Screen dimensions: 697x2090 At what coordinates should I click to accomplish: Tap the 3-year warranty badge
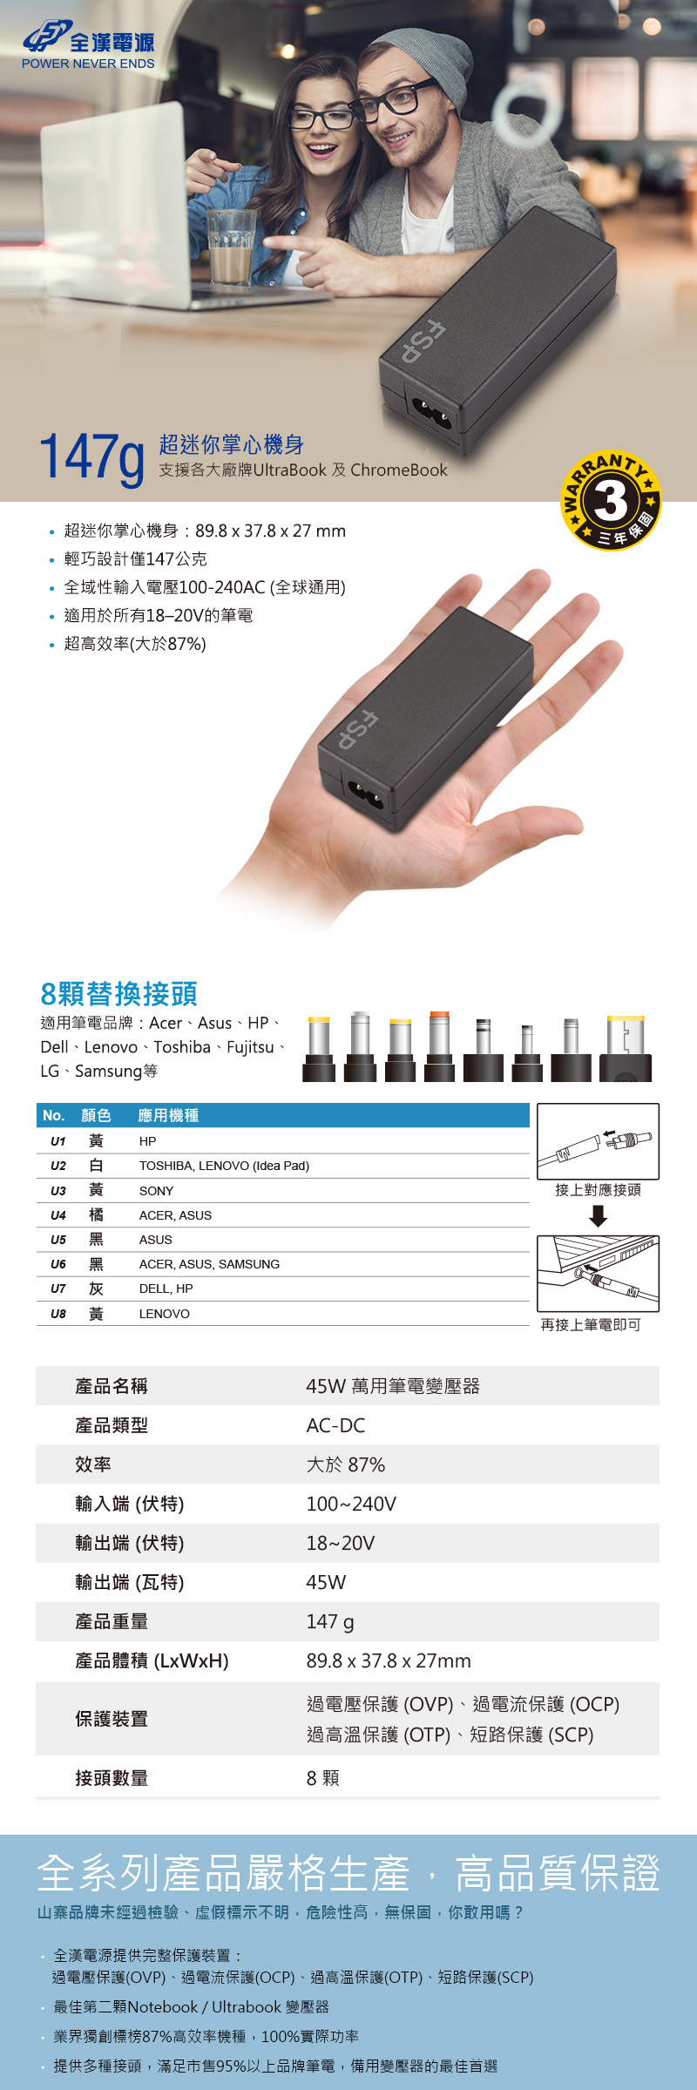(611, 501)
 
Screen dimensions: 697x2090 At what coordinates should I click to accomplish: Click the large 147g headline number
(91, 456)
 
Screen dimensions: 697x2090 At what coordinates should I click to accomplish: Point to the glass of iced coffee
(231, 247)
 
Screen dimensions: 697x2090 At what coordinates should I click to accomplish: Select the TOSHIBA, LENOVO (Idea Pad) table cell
(224, 1166)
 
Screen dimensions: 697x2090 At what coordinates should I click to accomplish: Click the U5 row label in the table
(58, 1240)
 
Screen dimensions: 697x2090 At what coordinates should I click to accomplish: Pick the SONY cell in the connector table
(156, 1191)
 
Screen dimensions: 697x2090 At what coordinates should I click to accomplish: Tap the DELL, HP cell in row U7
(166, 1288)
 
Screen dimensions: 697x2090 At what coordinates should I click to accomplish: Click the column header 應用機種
(168, 1115)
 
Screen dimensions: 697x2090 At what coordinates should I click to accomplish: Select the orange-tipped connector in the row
(439, 1046)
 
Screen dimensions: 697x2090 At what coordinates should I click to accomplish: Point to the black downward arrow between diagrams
(598, 1216)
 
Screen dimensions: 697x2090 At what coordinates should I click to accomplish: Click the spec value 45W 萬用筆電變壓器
(393, 1386)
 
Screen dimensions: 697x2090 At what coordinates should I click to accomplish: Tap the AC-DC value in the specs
(335, 1425)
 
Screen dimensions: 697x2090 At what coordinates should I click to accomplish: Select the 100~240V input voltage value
(351, 1504)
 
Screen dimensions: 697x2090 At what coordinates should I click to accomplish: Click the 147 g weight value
(330, 1621)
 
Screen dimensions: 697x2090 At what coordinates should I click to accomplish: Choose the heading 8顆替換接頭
(118, 993)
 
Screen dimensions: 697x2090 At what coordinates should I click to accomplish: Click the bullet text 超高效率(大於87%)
(135, 644)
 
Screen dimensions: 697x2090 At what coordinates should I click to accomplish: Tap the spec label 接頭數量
(112, 1778)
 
